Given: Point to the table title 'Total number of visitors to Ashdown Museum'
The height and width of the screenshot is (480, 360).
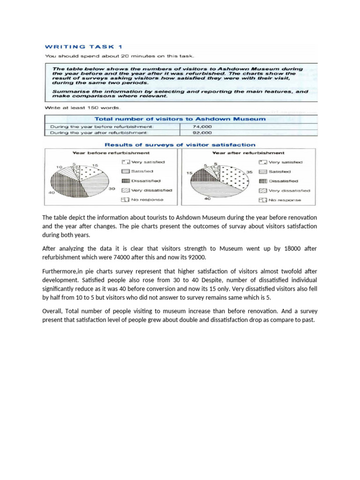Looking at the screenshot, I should tap(180, 119).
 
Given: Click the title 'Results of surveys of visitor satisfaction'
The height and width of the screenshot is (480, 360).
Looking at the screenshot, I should tap(180, 145).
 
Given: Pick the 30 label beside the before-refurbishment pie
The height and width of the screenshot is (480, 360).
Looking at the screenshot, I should tap(112, 189).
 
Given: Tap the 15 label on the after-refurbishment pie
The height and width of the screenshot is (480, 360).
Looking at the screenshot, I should tap(189, 173).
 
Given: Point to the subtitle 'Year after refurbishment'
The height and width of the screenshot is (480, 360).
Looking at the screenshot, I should tap(248, 153).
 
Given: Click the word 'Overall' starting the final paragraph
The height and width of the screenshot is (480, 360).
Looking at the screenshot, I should tap(52, 311).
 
